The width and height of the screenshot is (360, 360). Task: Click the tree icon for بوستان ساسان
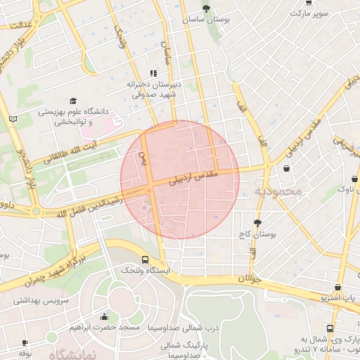(x=206, y=8)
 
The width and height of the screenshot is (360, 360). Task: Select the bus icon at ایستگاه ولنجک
(x=145, y=259)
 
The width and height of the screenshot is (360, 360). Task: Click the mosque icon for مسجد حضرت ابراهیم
(x=105, y=316)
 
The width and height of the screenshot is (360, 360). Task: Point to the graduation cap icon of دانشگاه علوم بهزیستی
(x=73, y=101)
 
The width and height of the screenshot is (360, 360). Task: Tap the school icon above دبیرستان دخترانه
(x=153, y=73)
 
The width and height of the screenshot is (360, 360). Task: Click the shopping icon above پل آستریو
(x=338, y=288)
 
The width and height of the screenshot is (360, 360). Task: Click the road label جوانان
(x=245, y=278)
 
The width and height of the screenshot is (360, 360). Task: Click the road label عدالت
(x=20, y=25)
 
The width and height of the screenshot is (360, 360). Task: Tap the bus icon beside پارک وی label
(x=330, y=328)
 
